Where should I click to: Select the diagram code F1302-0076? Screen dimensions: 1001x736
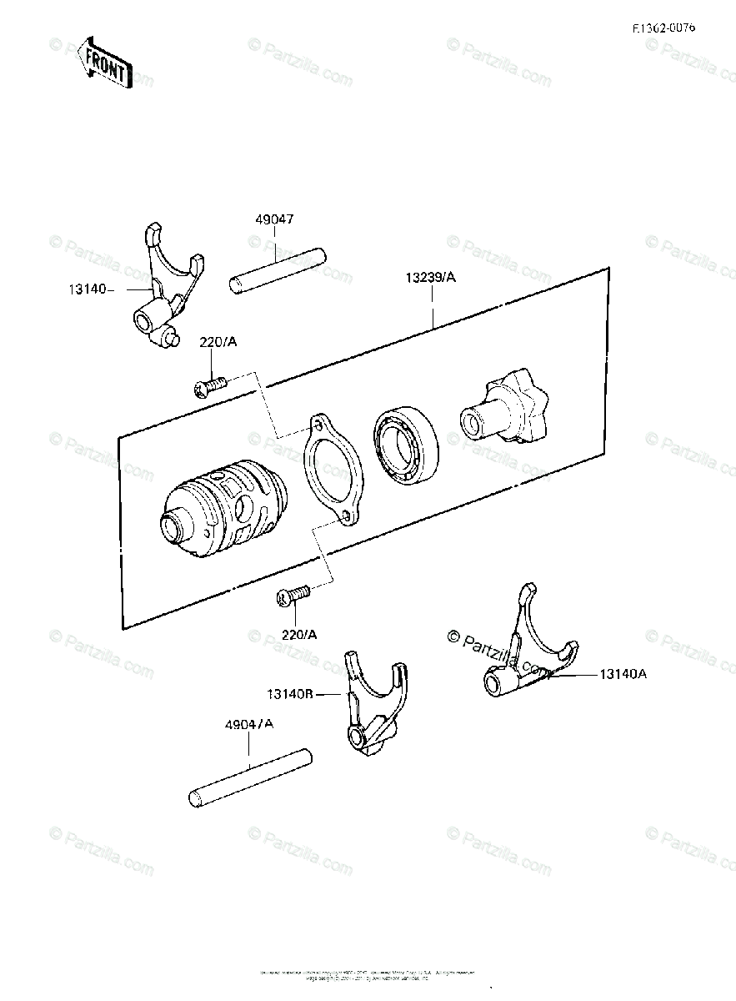coord(663,28)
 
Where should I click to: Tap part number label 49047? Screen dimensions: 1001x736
coord(274,220)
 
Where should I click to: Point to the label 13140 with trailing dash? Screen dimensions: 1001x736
coord(89,289)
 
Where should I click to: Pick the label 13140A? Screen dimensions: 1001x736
coord(622,675)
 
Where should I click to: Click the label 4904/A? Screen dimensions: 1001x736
coord(248,724)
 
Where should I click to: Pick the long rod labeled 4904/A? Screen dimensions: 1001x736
coord(251,778)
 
